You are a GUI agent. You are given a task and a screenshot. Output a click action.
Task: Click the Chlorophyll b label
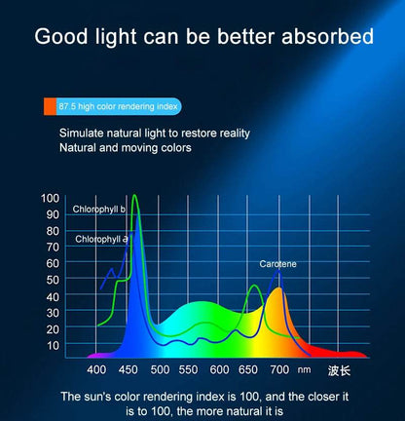pos(100,210)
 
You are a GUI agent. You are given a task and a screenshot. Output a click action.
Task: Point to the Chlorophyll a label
pos(100,238)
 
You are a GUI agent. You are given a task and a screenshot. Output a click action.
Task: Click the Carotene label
pos(277,263)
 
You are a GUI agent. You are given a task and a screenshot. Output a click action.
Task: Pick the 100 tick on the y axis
pos(51,198)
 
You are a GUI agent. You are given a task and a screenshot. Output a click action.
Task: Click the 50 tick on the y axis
pos(51,280)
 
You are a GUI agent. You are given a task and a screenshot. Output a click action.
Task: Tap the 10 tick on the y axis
pos(51,345)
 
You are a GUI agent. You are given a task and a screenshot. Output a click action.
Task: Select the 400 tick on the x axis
pos(96,370)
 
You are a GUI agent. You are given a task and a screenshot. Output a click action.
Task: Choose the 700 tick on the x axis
pos(279,370)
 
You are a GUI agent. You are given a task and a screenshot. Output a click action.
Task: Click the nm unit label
pos(304,370)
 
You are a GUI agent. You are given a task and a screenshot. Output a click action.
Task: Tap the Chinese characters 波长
pos(339,370)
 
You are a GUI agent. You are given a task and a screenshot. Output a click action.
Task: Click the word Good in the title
pos(65,38)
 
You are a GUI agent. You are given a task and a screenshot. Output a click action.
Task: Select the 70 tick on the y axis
pos(51,247)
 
